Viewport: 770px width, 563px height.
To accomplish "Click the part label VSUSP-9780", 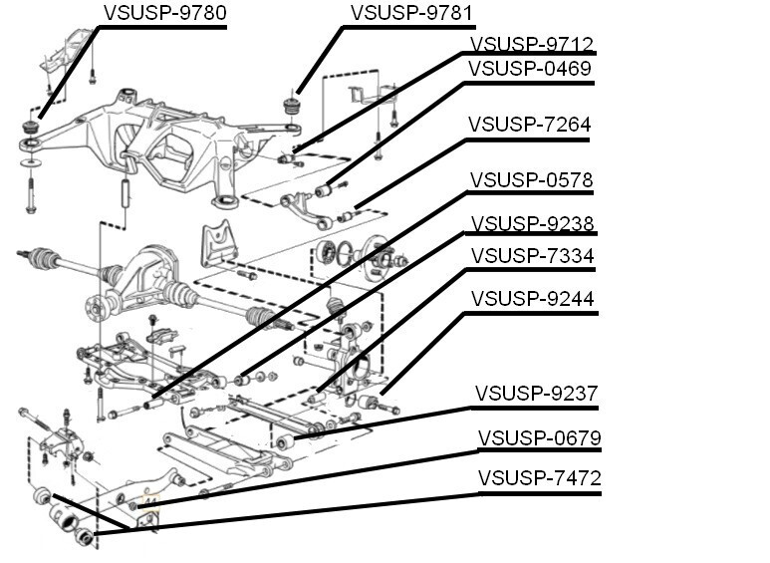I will click(x=164, y=13).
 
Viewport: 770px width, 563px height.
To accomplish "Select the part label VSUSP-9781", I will click(x=411, y=13).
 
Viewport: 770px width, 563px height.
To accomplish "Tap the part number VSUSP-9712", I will click(x=531, y=44).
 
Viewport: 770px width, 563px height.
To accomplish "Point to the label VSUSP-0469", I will click(x=531, y=69).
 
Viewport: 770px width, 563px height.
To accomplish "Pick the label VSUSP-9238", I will click(x=531, y=223).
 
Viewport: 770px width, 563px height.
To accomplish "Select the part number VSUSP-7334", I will click(x=531, y=257).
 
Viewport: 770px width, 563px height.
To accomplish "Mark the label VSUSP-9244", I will click(x=531, y=299).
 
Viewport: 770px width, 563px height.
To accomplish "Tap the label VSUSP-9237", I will click(x=536, y=394).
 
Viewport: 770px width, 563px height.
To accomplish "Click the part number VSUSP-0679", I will click(x=539, y=438).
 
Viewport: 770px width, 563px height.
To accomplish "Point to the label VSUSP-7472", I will click(x=539, y=478).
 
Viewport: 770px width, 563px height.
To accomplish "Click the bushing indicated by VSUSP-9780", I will click(x=33, y=130).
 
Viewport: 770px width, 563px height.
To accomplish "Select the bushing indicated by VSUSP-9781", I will click(x=293, y=106).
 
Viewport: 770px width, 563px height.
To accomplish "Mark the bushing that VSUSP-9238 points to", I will click(x=242, y=379).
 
